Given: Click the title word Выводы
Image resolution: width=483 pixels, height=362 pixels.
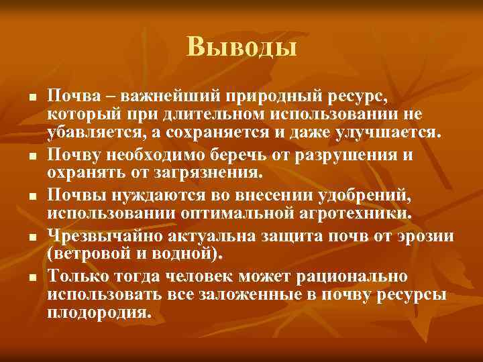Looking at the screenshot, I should (x=241, y=46).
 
